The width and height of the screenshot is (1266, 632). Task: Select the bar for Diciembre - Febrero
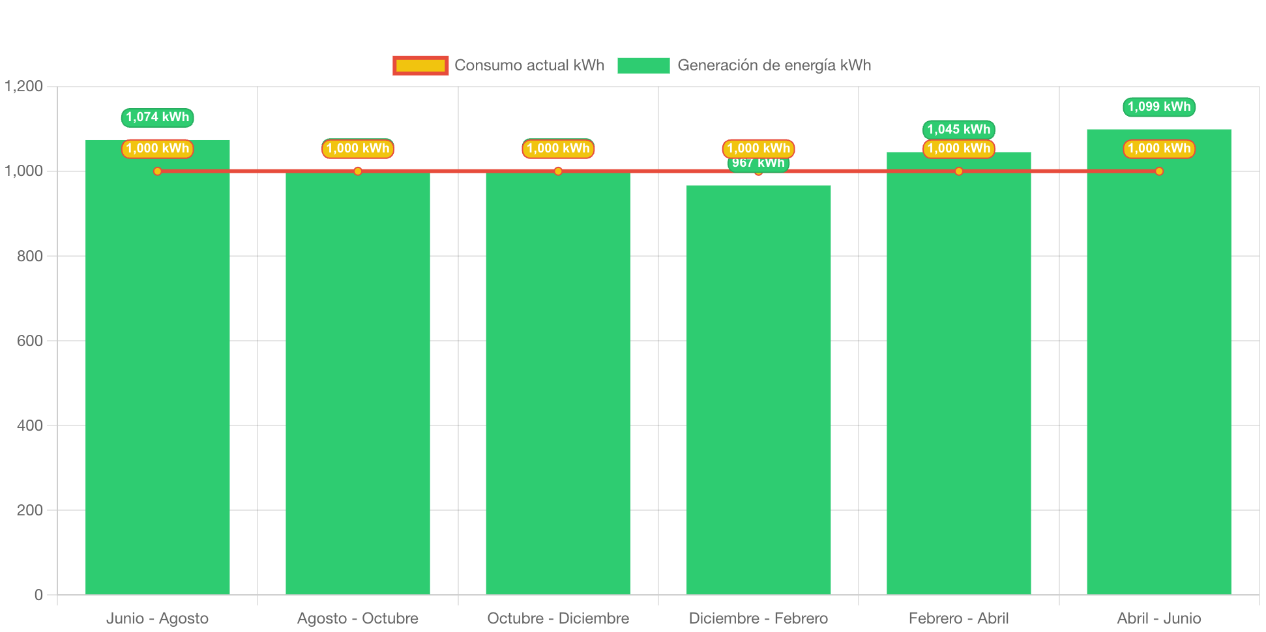pyautogui.click(x=758, y=391)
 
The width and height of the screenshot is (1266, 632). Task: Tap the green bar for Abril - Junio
pyautogui.click(x=1158, y=378)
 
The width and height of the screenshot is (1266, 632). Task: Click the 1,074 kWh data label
pyautogui.click(x=157, y=117)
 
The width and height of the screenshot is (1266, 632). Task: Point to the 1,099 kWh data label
pyautogui.click(x=1158, y=107)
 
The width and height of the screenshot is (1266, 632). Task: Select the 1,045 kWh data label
pyautogui.click(x=958, y=129)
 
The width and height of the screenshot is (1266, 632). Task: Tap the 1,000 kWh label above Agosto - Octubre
pyautogui.click(x=358, y=149)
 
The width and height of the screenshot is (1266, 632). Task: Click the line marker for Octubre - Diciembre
pyautogui.click(x=558, y=171)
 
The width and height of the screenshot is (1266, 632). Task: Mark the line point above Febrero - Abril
pyautogui.click(x=958, y=171)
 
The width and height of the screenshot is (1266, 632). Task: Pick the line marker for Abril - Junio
pyautogui.click(x=1158, y=171)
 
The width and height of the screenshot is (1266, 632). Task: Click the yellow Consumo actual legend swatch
pyautogui.click(x=420, y=65)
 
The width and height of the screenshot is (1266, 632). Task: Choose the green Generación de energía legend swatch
pyautogui.click(x=643, y=65)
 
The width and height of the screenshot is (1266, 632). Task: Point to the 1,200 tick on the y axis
pyautogui.click(x=24, y=86)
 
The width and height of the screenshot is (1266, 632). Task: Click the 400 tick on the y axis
pyautogui.click(x=30, y=425)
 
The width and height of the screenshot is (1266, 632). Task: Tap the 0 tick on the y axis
pyautogui.click(x=38, y=595)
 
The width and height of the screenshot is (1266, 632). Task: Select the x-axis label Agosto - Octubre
pyautogui.click(x=358, y=618)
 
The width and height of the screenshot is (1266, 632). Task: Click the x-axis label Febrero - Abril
pyautogui.click(x=958, y=618)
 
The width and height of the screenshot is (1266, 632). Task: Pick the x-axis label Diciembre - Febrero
pyautogui.click(x=758, y=618)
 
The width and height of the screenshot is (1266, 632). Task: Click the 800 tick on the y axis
pyautogui.click(x=30, y=256)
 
